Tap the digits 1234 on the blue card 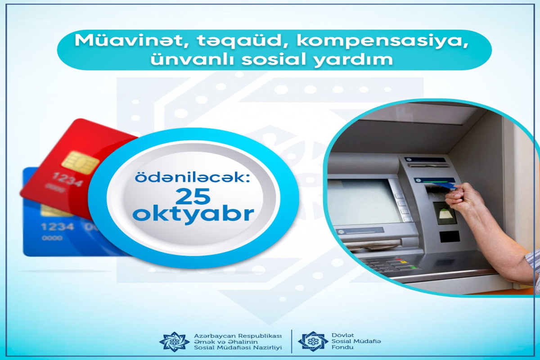tap(57, 226)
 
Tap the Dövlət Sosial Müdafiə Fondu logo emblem tap(313, 342)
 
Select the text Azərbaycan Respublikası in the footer tap(237, 336)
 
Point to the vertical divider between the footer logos tap(292, 341)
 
